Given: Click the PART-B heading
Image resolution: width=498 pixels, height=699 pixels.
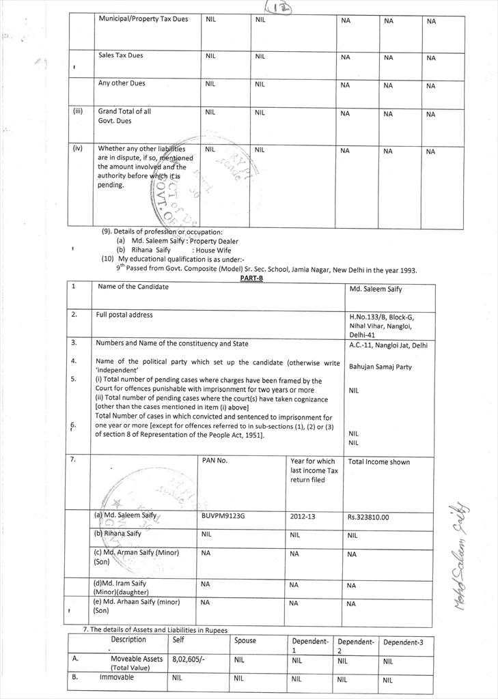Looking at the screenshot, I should coord(251,279).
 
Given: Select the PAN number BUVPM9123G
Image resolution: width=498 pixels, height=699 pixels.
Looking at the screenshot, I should coord(223,516).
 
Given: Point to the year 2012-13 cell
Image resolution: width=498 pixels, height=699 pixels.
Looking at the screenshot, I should coord(303,517).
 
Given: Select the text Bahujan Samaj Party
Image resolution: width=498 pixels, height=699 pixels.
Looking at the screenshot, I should coord(381,367).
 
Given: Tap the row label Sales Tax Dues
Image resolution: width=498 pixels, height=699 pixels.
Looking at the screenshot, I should coord(120,55).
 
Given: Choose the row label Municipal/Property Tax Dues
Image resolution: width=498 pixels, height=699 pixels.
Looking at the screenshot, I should coord(143,18).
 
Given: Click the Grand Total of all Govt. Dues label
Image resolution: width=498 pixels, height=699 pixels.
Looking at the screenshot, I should coord(124,115).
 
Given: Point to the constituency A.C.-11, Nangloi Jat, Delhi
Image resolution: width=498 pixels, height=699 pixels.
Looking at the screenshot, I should coord(388,345).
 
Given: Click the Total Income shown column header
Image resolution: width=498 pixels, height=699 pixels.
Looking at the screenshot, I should coord(378,462).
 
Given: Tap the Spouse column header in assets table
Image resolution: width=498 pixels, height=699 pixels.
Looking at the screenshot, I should coord(245,641).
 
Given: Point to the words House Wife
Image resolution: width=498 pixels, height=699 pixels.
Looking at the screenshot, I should coord(214,251).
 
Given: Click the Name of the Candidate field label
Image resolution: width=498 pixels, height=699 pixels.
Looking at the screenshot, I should coord(133,287).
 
